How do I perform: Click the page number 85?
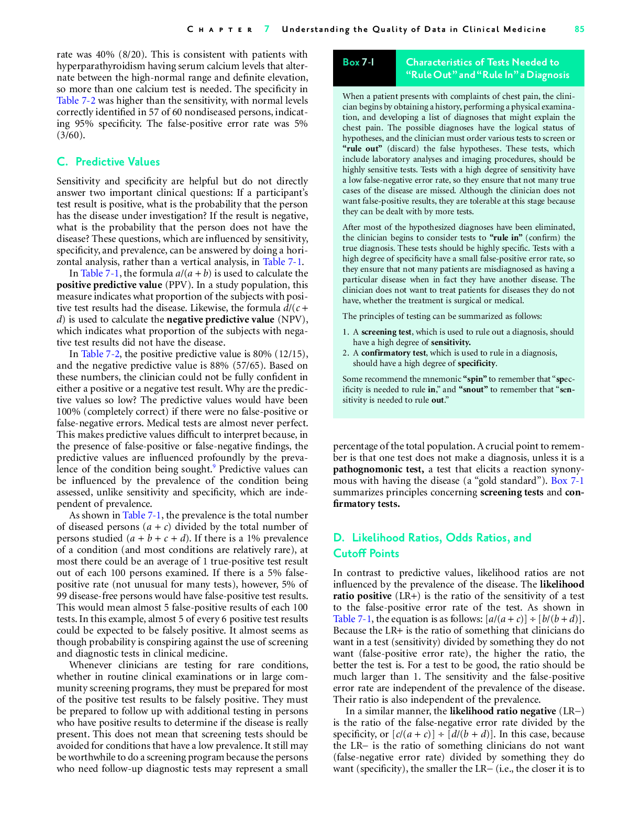579,29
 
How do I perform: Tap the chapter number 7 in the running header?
267,29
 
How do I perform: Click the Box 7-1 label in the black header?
358,62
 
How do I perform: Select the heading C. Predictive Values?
108,162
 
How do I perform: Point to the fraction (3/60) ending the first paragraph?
71,135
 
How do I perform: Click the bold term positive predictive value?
109,285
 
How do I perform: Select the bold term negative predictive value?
220,319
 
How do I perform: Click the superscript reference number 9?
214,467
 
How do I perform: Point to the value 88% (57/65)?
281,365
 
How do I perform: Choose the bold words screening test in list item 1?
386,332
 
